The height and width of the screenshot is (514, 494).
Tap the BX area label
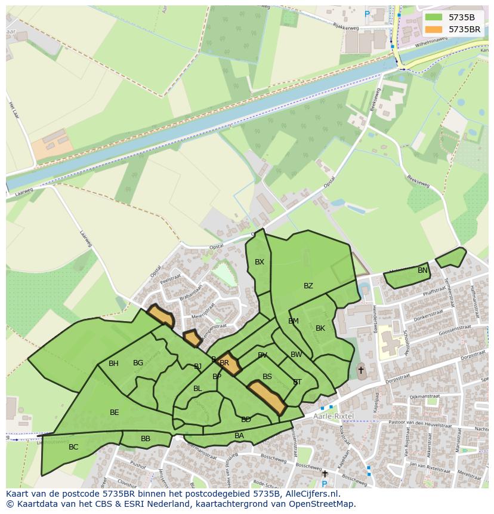tap(260, 262)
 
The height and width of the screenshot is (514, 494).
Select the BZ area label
tap(308, 286)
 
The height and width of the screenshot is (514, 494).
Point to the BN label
tap(422, 270)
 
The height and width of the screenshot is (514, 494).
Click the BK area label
tap(320, 328)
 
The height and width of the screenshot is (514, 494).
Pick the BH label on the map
tap(113, 364)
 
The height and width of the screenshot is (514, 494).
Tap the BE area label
tap(115, 413)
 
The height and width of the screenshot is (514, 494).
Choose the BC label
tap(73, 447)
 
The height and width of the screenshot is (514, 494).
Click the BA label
tap(239, 436)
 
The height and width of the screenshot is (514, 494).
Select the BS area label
tap(267, 377)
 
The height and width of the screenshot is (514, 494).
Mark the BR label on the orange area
tap(224, 363)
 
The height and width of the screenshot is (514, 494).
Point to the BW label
tap(296, 355)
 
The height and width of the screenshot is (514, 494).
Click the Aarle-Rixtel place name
tap(333, 415)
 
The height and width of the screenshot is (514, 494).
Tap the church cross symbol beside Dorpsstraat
tap(360, 370)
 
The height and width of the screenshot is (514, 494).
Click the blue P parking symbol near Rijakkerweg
tap(367, 14)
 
